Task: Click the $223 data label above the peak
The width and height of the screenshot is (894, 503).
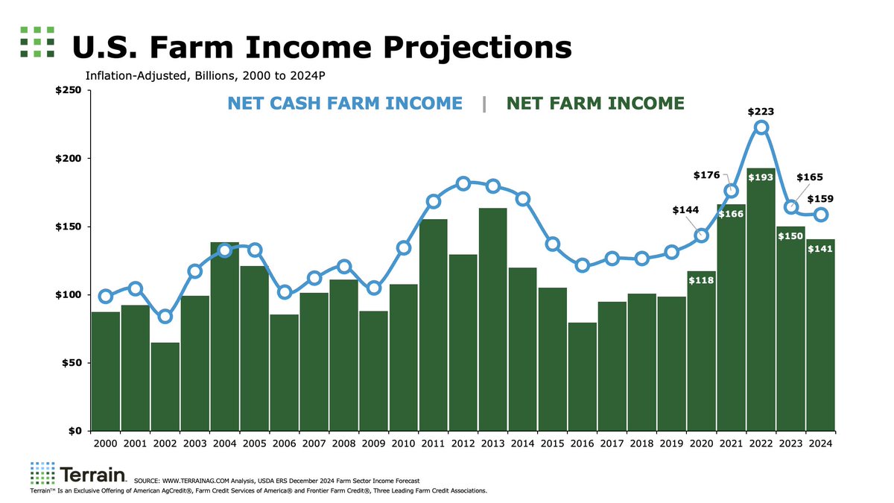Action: point(761,112)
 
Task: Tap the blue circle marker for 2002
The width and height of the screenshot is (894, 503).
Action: point(165,316)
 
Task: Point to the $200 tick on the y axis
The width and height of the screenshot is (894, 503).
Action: point(71,159)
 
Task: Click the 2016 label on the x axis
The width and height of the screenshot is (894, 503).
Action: point(582,443)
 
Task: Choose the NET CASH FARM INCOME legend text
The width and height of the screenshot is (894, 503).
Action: point(345,103)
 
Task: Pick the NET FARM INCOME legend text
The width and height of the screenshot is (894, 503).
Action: point(595,103)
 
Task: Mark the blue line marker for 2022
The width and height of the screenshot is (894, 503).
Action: point(761,127)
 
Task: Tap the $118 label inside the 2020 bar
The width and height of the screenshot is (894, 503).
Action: point(701,280)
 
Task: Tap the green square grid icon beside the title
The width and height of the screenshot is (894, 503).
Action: point(37,42)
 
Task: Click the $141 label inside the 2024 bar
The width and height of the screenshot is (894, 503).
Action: point(820,248)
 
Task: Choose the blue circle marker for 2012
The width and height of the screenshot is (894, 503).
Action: point(463,183)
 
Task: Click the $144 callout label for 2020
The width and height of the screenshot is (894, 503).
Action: point(685,210)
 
